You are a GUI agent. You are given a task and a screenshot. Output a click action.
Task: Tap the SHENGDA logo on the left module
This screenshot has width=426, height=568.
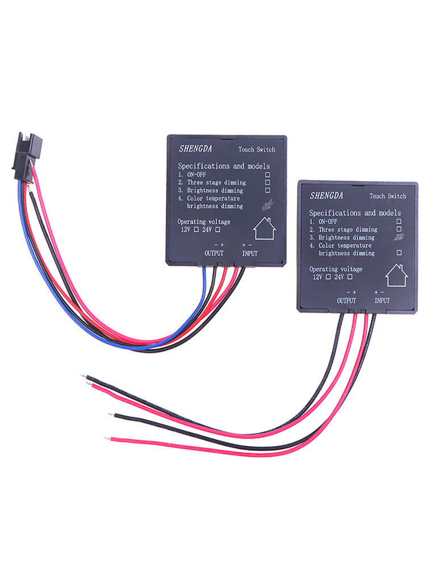pos(195,148)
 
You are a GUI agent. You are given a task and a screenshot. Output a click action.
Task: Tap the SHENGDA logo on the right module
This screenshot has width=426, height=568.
pos(327,195)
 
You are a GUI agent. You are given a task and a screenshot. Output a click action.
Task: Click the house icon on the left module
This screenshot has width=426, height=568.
pos(265,228)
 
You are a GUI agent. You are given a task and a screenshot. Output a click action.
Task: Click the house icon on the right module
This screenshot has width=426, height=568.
pos(396,275)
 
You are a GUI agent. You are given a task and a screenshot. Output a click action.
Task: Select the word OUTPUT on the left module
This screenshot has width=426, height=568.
pos(214,253)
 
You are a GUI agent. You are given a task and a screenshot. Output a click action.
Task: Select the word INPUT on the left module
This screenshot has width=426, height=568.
pos(250,253)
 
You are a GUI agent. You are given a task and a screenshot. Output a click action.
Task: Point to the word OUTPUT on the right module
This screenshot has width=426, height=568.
pos(346,300)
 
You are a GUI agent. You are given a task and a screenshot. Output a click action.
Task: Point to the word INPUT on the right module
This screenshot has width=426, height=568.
pos(382,300)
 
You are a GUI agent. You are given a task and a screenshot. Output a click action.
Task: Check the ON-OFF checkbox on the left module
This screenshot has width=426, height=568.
pos(268,174)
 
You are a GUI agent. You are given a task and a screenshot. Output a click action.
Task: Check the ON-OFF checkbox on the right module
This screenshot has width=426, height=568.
pos(399,221)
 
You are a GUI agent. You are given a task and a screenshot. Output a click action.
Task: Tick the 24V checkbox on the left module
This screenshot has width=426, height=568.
pos(218,229)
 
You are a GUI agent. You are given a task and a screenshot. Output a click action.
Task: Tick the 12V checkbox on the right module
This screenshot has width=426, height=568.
pos(328,277)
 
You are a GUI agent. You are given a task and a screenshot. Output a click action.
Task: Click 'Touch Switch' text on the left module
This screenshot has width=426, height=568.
pos(257,149)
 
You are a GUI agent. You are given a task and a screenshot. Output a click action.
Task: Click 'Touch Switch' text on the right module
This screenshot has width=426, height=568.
pos(387,196)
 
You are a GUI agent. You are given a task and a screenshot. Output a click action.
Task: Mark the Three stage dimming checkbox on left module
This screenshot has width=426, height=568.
pos(268,182)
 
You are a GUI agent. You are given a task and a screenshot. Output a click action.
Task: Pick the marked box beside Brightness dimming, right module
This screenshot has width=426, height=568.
pos(399,237)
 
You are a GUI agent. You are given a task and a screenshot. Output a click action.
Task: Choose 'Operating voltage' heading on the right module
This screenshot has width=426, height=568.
pos(336,269)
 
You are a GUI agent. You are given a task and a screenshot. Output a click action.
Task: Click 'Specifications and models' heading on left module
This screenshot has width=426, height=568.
pos(224,166)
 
